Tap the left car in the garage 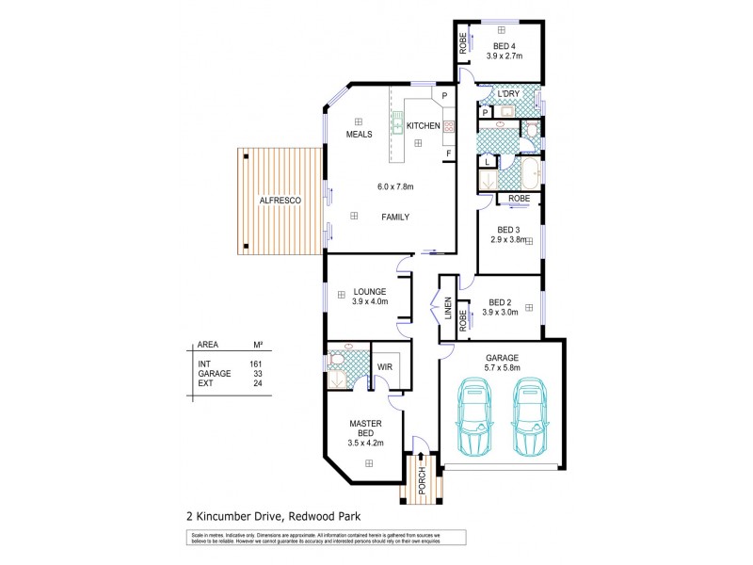[474, 416]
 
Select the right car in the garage [530, 416]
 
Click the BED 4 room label [505, 45]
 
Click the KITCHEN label [423, 126]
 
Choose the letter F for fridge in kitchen [449, 153]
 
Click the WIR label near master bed [384, 366]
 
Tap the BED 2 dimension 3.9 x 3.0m [504, 312]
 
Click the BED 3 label [509, 229]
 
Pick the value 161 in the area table [255, 363]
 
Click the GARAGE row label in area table [214, 373]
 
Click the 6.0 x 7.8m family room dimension [395, 186]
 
